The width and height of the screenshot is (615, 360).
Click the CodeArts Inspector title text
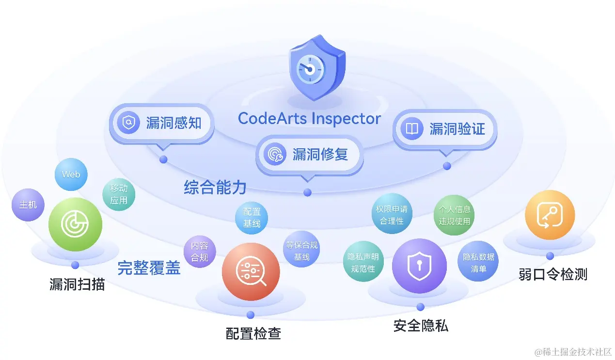(309, 118)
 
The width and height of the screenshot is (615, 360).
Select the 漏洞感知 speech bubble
(162, 123)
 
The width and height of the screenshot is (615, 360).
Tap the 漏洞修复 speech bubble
(309, 155)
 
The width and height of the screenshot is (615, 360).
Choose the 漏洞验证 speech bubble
(445, 129)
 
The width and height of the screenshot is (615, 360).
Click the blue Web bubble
(71, 174)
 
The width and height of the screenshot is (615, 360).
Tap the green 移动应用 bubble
(119, 194)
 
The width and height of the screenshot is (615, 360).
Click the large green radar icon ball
(75, 224)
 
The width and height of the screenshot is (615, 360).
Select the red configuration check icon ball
(251, 272)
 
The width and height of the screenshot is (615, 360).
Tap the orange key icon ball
(550, 215)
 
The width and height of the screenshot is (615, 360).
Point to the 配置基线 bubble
(252, 218)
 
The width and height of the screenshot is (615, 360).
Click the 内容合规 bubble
(199, 251)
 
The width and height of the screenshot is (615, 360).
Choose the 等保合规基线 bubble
(301, 251)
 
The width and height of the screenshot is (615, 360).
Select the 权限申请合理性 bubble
(392, 215)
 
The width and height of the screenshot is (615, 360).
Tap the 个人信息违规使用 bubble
(454, 215)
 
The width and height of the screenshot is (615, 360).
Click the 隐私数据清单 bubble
(478, 262)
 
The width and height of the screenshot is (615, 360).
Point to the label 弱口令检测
(552, 275)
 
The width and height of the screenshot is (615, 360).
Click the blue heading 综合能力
(215, 188)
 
